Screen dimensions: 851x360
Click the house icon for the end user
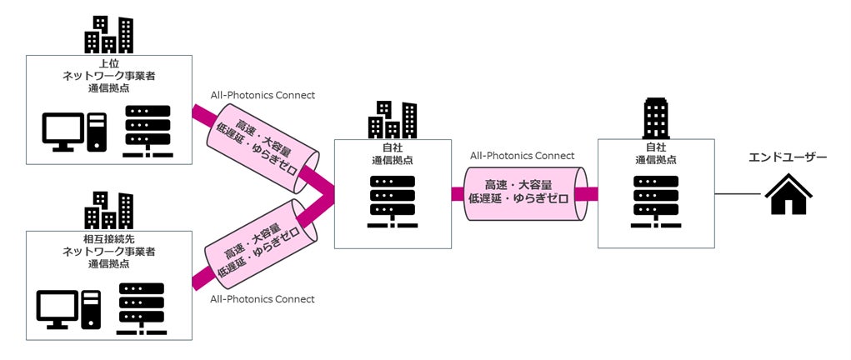click(x=788, y=194)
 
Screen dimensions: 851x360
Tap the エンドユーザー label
click(x=788, y=157)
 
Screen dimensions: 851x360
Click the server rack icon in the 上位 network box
click(x=148, y=131)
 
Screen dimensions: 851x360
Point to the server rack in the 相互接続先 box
click(x=142, y=308)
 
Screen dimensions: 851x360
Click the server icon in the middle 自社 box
click(x=393, y=202)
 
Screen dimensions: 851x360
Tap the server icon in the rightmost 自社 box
click(x=656, y=202)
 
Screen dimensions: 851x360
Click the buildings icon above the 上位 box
click(x=108, y=34)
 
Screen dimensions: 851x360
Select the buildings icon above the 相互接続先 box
click(x=108, y=211)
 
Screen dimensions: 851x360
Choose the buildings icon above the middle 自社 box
click(x=393, y=120)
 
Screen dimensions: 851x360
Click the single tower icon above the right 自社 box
click(x=656, y=118)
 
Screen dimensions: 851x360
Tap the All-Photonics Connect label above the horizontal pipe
click(x=522, y=156)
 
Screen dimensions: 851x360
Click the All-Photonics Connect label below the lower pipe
click(x=263, y=299)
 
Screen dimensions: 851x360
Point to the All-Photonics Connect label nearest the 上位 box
click(x=263, y=96)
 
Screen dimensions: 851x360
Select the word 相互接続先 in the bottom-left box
click(x=109, y=241)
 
